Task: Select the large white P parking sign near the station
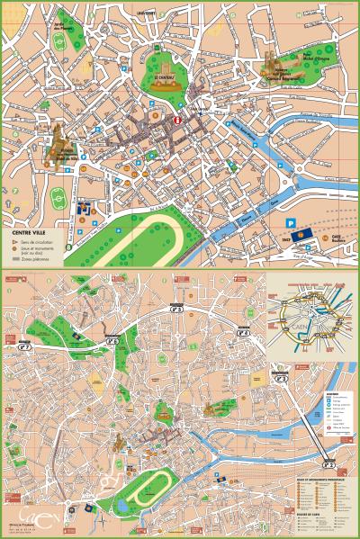pos(290,222)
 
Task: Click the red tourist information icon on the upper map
pos(177,119)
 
